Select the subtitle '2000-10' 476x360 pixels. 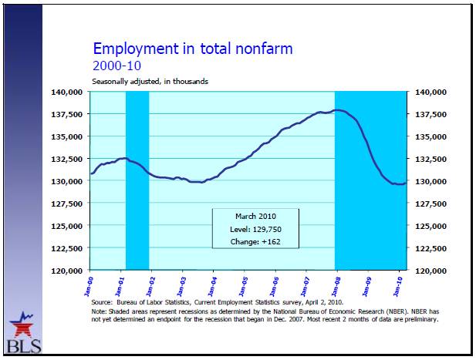click(114, 66)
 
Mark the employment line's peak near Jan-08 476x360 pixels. click(338, 110)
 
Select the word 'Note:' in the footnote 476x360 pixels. click(99, 312)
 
